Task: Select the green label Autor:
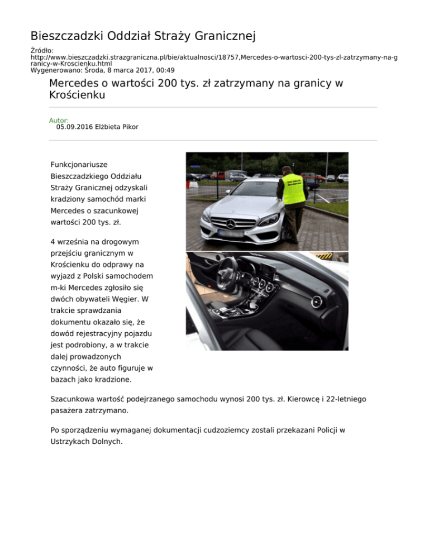(59, 120)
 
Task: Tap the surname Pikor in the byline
(128, 127)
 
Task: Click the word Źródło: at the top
(42, 50)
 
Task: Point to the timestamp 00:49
(165, 70)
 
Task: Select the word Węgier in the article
(128, 299)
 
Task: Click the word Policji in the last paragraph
(326, 430)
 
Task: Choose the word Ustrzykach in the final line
(71, 442)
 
